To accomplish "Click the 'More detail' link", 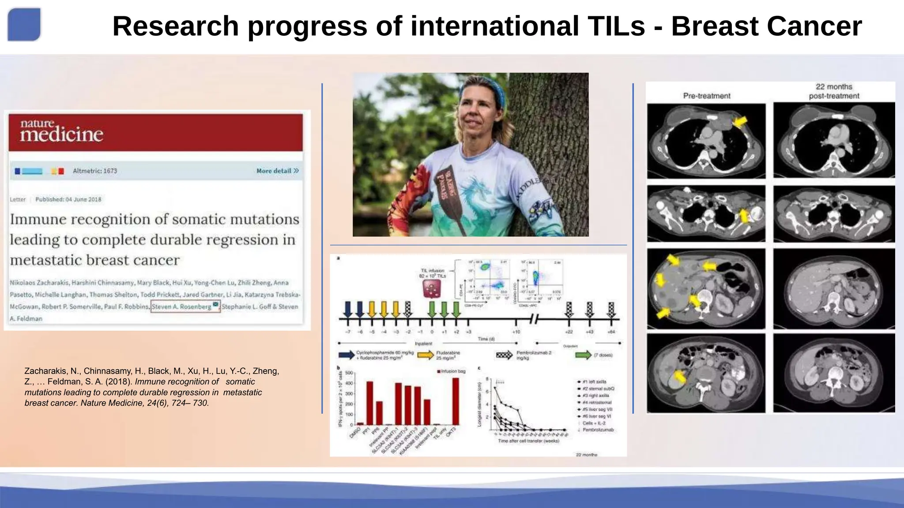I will point(277,171).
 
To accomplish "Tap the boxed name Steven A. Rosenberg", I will point(185,306).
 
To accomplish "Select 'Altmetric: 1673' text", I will point(95,171).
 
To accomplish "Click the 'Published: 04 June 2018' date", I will point(68,199).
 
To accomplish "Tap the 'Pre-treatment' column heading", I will point(706,96).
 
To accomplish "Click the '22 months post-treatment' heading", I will point(834,91).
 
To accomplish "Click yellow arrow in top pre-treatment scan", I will point(740,121).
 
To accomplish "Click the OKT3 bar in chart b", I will point(456,401).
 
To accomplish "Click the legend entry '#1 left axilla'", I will point(594,381).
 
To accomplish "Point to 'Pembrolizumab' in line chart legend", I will point(598,430).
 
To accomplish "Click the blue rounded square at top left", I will point(24,24).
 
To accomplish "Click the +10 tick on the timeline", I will point(516,332).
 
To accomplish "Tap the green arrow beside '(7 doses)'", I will point(583,355).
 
